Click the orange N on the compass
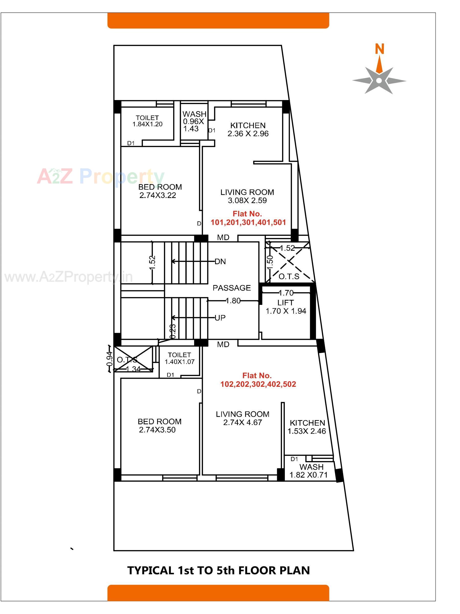pos(379,49)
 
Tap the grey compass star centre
pos(379,81)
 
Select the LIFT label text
pos(286,303)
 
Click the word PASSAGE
pos(231,288)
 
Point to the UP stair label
pos(220,318)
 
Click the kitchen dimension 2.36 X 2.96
pos(248,134)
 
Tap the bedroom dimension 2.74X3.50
pos(157,430)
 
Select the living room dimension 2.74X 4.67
pos(242,422)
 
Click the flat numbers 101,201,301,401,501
pos(248,222)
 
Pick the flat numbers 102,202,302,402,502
pos(258,384)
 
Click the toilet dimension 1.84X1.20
pos(147,124)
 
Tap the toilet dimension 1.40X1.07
pos(179,362)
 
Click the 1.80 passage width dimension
pos(233,301)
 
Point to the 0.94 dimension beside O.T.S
pos(110,359)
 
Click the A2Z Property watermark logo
pos(100,177)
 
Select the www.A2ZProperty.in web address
pos(69,277)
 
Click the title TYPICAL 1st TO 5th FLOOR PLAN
pos(218,571)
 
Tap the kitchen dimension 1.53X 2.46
pos(307,431)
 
